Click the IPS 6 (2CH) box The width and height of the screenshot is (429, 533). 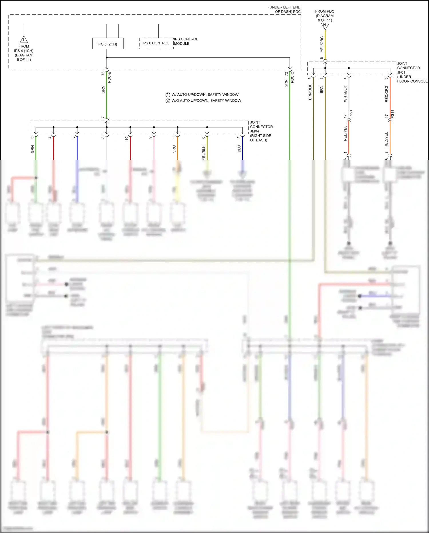point(108,44)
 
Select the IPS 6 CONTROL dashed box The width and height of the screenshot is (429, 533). point(156,43)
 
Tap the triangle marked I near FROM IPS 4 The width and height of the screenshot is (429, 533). point(24,40)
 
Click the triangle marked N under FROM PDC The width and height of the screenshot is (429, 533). point(325,26)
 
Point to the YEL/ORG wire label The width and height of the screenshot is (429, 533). point(322,44)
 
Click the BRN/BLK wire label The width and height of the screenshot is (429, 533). point(310,92)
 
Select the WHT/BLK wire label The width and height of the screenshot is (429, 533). point(345,94)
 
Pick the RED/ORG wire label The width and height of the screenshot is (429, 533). point(387,94)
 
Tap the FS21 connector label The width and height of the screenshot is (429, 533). point(351,114)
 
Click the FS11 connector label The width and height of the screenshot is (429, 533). point(393,114)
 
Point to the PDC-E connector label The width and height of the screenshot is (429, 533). point(110,77)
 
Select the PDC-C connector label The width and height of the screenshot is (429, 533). point(292,77)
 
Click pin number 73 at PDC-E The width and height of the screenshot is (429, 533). point(103,74)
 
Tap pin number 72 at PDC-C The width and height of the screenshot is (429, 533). point(286,74)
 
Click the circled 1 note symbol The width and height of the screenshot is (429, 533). point(168,95)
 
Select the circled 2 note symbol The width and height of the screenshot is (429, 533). point(168,101)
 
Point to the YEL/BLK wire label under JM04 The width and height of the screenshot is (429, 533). point(204,153)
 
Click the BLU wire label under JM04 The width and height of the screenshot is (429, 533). point(239,149)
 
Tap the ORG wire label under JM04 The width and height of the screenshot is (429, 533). point(174,149)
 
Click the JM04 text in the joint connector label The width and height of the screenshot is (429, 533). point(255,131)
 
